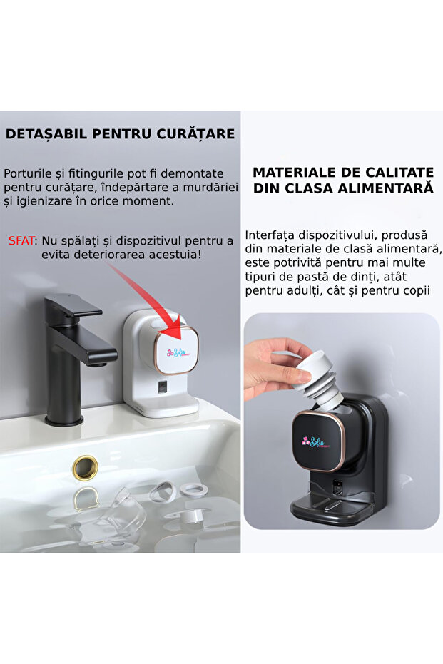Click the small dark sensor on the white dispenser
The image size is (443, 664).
[x=163, y=389]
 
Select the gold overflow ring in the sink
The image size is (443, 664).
[x=86, y=468]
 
